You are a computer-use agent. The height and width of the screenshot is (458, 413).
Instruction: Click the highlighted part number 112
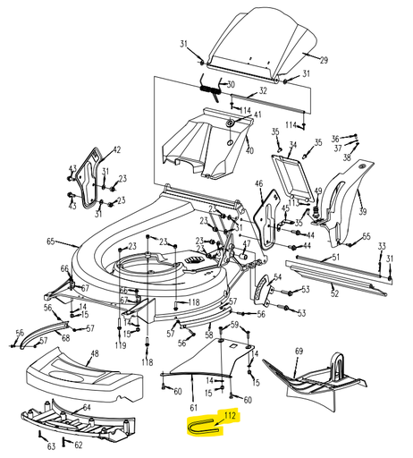(x=230, y=415)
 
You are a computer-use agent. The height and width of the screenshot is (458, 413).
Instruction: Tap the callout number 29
(x=324, y=60)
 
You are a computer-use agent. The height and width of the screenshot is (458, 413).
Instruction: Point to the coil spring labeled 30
(x=210, y=89)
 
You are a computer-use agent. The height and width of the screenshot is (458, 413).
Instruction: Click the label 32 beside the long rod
(x=263, y=90)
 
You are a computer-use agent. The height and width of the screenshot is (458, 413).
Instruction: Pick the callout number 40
(x=249, y=150)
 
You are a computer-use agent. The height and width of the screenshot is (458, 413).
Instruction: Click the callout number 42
(x=116, y=149)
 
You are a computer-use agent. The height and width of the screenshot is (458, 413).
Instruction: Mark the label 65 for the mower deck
(x=51, y=242)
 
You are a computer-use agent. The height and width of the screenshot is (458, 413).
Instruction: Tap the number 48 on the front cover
(x=95, y=353)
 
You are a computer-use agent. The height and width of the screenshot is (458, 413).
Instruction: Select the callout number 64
(x=87, y=407)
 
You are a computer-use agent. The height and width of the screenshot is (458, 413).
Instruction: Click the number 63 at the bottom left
(x=51, y=446)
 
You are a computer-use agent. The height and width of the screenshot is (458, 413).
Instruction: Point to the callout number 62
(x=78, y=445)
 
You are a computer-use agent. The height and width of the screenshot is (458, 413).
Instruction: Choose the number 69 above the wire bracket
(x=299, y=351)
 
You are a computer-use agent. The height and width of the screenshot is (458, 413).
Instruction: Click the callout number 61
(x=193, y=407)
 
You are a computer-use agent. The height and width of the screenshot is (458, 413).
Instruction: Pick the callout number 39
(x=362, y=212)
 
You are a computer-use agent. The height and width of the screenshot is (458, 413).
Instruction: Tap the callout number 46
(x=259, y=183)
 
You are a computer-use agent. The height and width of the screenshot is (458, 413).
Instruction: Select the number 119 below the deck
(x=121, y=345)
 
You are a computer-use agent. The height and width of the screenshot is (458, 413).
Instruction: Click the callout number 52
(x=334, y=293)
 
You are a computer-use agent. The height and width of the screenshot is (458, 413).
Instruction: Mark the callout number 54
(x=277, y=277)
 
